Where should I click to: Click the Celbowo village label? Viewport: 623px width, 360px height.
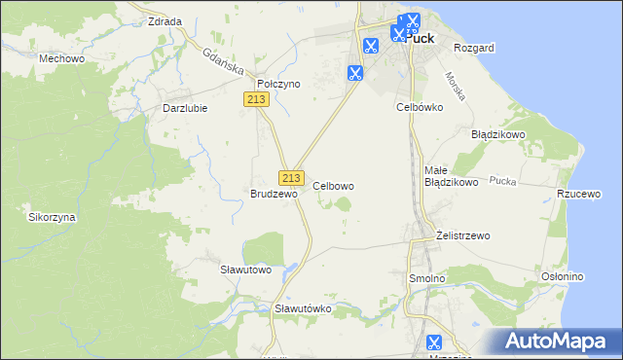click(333, 185)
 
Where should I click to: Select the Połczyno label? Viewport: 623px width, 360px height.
click(278, 85)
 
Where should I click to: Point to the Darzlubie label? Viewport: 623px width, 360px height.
click(185, 108)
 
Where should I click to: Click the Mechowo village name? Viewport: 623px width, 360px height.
click(59, 58)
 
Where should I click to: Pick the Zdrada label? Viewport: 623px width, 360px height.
click(165, 21)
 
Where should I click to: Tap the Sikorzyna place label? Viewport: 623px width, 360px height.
click(53, 218)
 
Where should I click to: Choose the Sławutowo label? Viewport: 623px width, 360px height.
click(244, 269)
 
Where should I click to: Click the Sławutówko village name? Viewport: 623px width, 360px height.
click(304, 308)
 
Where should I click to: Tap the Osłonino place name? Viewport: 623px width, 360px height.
click(563, 276)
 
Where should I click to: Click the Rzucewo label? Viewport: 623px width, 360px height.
click(577, 194)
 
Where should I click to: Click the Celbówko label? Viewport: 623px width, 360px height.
click(420, 107)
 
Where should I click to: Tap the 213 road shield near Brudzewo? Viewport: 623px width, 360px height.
click(289, 178)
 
